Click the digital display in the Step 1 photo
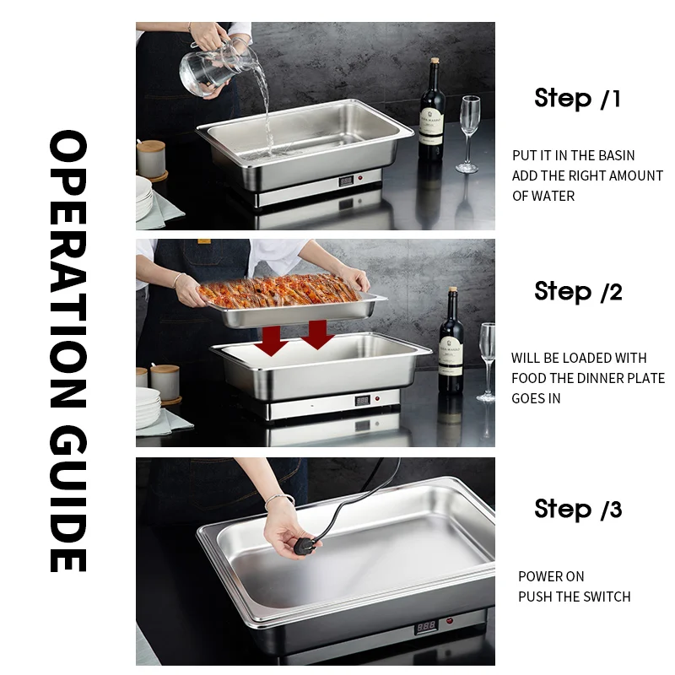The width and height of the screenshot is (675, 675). click(x=347, y=181)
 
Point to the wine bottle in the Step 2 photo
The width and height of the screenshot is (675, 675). click(x=451, y=346)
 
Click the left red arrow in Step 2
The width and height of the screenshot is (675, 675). click(x=272, y=340)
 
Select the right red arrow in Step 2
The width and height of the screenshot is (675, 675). click(x=316, y=333)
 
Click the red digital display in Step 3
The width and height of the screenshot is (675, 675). click(x=425, y=627)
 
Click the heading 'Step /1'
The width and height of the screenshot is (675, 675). click(x=578, y=99)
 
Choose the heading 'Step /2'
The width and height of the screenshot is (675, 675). click(x=578, y=292)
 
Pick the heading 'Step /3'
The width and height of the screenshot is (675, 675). click(x=578, y=510)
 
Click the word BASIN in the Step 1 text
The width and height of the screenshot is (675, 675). click(x=616, y=155)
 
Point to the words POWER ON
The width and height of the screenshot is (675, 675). click(x=551, y=576)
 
